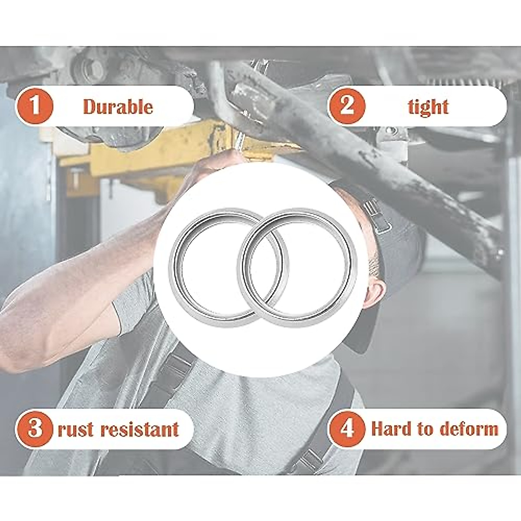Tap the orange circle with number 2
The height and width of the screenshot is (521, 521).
pyautogui.click(x=346, y=107)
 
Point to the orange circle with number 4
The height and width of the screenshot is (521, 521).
pyautogui.click(x=346, y=429)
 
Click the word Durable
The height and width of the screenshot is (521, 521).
pyautogui.click(x=118, y=107)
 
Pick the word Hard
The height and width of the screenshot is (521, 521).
pyautogui.click(x=391, y=429)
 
